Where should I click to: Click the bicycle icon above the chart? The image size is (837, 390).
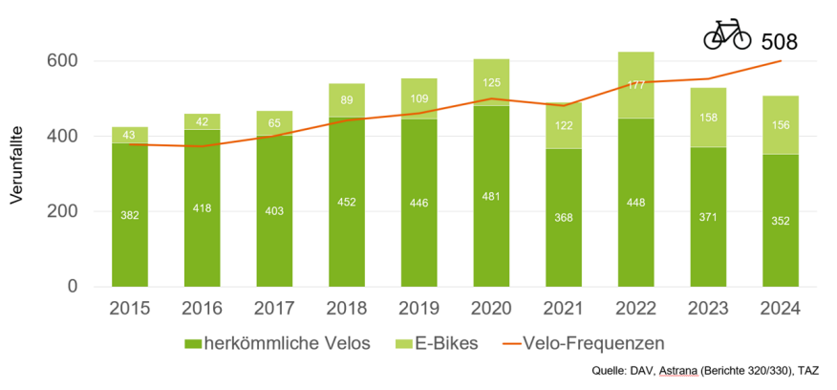(x=727, y=36)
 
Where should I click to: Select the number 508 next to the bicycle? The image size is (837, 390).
(x=779, y=41)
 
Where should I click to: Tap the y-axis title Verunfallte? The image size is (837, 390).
(x=16, y=171)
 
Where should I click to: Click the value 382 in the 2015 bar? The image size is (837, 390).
(x=130, y=217)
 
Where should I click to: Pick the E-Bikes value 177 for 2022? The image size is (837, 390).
(x=636, y=84)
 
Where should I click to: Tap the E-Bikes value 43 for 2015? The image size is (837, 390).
(x=130, y=135)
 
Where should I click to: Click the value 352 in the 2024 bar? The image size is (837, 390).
(x=781, y=222)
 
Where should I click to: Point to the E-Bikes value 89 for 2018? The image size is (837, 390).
(x=347, y=100)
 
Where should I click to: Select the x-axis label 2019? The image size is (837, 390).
(x=419, y=310)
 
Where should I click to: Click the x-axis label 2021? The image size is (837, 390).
(x=564, y=310)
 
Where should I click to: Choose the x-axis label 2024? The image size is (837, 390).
(x=781, y=310)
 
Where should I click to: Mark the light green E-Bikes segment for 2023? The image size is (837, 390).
(x=708, y=117)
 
